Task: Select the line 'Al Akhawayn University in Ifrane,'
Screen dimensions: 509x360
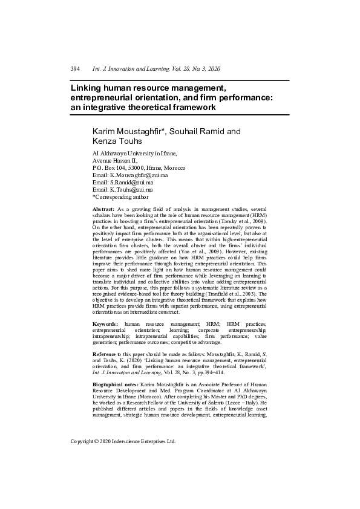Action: [x=134, y=153]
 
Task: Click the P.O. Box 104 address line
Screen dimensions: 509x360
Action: [x=139, y=167]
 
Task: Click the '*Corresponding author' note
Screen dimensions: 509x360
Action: [x=120, y=196]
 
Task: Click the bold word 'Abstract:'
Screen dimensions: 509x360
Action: [x=103, y=209]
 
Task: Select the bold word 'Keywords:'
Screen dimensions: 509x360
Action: [x=105, y=325]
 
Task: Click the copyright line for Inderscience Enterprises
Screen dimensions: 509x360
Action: [x=123, y=441]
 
